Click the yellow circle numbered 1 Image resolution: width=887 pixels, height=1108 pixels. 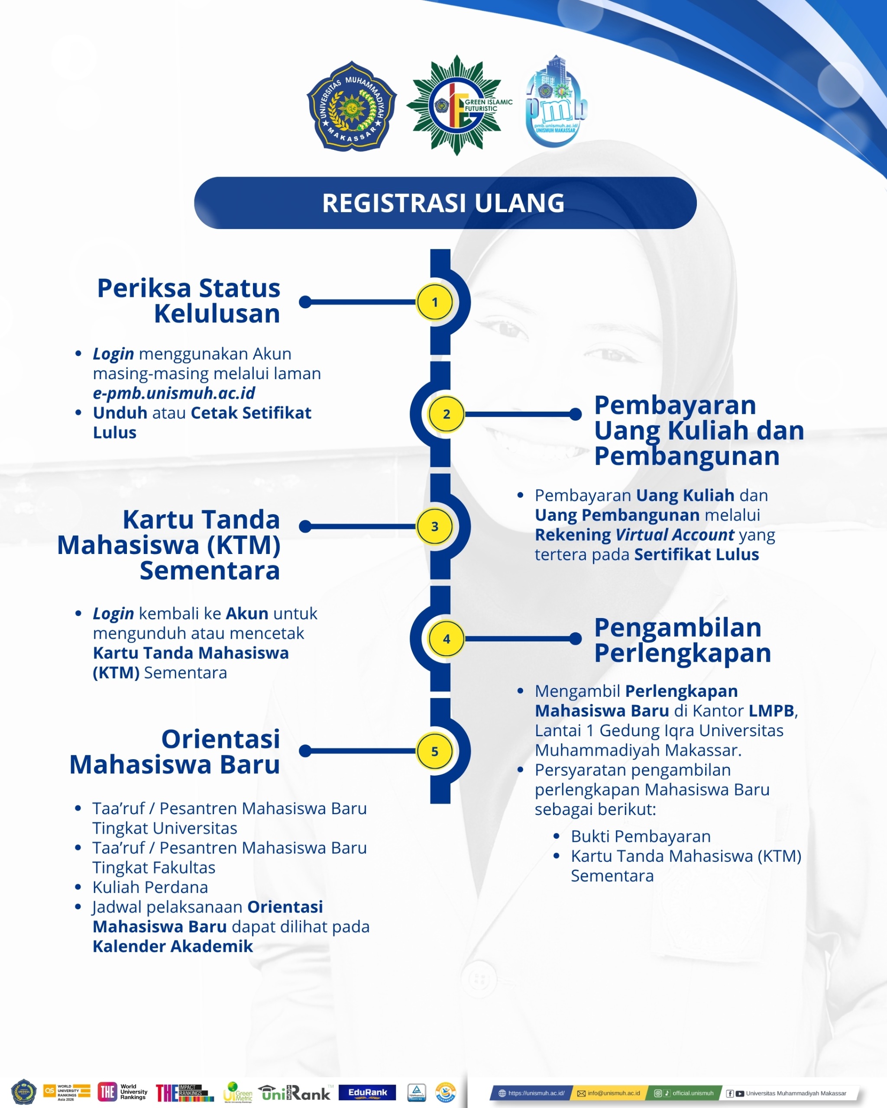434,302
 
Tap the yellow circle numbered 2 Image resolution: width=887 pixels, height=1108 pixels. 447,414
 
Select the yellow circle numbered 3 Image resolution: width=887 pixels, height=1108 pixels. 434,526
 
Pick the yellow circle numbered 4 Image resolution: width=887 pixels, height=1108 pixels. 447,639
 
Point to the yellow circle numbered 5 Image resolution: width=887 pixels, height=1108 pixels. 434,751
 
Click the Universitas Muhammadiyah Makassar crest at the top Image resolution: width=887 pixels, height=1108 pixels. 352,106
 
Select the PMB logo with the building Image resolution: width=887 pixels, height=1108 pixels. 555,103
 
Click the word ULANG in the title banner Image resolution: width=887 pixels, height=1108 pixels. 519,203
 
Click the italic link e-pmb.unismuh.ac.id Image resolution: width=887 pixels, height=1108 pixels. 174,393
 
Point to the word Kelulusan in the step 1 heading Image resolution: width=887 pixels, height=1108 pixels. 217,313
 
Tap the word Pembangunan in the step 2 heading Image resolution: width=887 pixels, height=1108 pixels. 686,456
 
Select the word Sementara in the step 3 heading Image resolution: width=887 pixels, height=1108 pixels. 210,570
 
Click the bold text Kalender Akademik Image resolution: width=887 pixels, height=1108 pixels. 173,946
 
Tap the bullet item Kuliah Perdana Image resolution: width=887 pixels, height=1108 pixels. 150,887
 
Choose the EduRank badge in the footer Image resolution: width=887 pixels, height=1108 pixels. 367,1092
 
